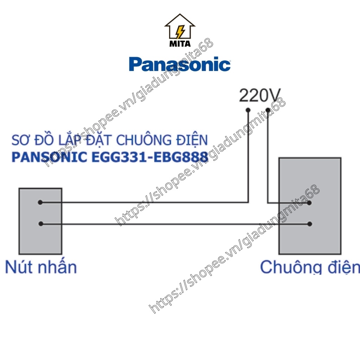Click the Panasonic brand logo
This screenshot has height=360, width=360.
click(x=180, y=64)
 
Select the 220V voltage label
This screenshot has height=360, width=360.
click(x=260, y=96)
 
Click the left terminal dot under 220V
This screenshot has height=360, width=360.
click(x=248, y=110)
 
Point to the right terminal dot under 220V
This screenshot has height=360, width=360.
click(x=268, y=110)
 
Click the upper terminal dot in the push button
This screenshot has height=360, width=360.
click(x=40, y=202)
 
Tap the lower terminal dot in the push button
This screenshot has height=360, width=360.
click(x=41, y=224)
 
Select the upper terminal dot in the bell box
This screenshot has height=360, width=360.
click(x=309, y=203)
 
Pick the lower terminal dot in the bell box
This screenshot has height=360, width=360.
click(x=309, y=224)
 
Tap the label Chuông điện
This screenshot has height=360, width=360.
click(x=310, y=267)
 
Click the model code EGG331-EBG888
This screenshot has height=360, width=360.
click(x=150, y=157)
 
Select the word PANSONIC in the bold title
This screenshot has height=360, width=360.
click(x=49, y=157)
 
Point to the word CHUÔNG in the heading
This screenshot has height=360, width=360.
click(x=144, y=140)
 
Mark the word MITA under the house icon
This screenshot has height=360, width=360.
click(x=180, y=44)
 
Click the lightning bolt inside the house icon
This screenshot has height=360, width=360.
click(x=180, y=31)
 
